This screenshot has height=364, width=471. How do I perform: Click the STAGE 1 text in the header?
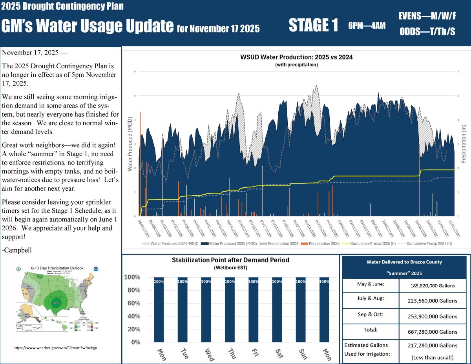pyautogui.click(x=313, y=26)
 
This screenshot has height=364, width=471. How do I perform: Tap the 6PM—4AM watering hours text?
pyautogui.click(x=367, y=26)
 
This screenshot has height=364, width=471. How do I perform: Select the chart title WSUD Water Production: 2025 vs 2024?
pyautogui.click(x=296, y=57)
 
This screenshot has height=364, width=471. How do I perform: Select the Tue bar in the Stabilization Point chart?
pyautogui.click(x=183, y=309)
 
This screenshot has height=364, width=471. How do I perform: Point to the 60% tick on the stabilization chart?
pyautogui.click(x=133, y=303)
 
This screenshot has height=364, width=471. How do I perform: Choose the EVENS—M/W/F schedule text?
pyautogui.click(x=427, y=16)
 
